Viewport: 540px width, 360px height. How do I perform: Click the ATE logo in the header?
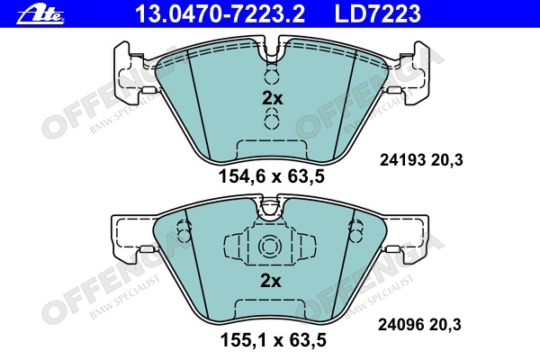tap(40, 14)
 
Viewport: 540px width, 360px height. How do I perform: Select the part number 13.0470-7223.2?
tap(220, 13)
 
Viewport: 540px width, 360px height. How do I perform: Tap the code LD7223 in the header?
tap(378, 13)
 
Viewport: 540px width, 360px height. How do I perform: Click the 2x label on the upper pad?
tap(272, 98)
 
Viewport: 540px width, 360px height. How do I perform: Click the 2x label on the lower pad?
tap(271, 281)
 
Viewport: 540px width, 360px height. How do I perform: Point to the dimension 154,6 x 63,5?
tap(272, 177)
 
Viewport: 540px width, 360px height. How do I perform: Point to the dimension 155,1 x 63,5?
tap(273, 340)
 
